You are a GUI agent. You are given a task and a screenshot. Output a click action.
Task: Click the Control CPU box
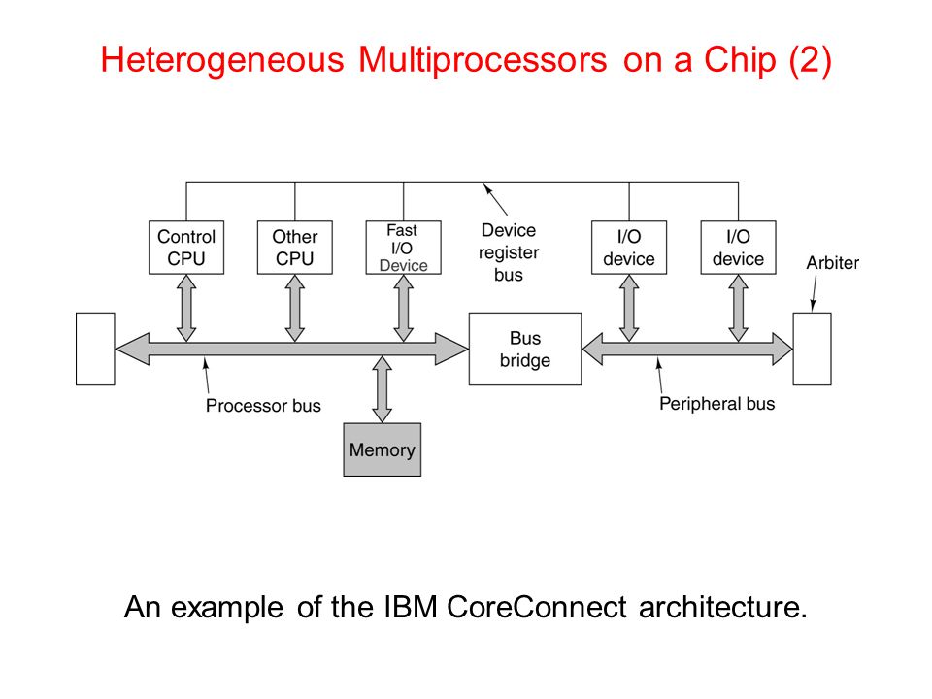point(186,248)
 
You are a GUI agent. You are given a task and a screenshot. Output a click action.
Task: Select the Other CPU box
point(295,248)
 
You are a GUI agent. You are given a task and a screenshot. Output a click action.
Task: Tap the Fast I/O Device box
point(403,248)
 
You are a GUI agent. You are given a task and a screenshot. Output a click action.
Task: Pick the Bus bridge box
point(525,349)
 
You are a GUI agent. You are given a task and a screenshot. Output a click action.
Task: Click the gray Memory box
point(383,449)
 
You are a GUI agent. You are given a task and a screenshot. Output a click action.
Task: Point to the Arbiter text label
point(832,263)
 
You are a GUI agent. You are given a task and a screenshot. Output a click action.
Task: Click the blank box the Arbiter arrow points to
point(812,349)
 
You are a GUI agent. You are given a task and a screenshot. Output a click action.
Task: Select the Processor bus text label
point(263,406)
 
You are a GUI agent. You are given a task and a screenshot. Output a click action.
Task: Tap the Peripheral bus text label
point(716,404)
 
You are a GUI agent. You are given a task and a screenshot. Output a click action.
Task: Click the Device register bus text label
point(509,252)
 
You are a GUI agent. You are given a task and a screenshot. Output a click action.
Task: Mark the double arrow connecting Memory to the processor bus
point(382,389)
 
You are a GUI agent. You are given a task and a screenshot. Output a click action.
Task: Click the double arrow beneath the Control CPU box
point(186,308)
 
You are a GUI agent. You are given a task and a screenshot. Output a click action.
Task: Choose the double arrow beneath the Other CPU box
point(295,308)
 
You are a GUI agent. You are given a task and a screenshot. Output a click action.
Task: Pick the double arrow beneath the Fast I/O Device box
point(403,308)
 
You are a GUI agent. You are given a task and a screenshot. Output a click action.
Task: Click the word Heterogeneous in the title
point(222,60)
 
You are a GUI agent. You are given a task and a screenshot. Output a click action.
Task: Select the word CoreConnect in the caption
point(537,607)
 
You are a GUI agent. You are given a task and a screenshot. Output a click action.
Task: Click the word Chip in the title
point(740,60)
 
